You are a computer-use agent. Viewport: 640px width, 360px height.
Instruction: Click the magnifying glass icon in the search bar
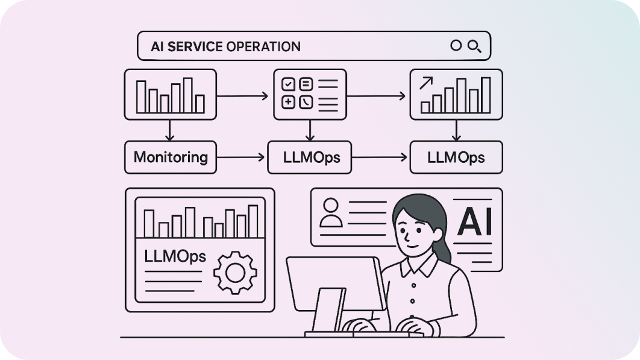(474, 46)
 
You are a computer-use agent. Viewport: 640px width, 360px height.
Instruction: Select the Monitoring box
(171, 157)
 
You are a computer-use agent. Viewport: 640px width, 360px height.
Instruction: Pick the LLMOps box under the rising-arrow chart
(456, 157)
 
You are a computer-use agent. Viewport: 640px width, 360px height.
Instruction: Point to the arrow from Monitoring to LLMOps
(241, 157)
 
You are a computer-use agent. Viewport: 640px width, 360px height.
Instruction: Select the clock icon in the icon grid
(306, 102)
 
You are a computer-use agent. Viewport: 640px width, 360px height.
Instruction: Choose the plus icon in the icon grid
(289, 102)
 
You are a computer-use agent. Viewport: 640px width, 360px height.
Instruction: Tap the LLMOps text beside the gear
(175, 256)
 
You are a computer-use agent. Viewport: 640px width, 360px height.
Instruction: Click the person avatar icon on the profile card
(330, 212)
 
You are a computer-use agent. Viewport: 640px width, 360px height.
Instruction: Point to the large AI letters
(475, 221)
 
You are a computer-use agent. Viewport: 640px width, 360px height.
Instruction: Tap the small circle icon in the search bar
(456, 46)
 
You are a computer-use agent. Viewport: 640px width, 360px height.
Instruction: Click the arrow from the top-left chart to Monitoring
(171, 130)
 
